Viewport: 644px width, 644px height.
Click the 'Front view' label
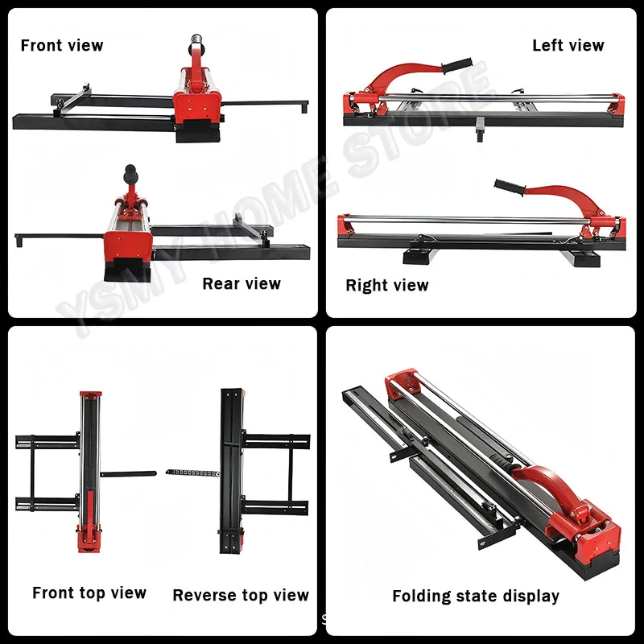[62, 45]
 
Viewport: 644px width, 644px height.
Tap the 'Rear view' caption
[242, 283]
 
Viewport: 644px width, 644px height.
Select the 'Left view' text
[568, 45]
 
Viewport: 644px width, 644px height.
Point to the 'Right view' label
[387, 285]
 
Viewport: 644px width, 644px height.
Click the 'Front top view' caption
[89, 593]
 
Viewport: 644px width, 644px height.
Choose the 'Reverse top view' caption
[241, 596]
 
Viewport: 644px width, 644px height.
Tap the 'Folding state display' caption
[476, 597]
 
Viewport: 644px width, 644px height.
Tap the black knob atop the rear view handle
[130, 171]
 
